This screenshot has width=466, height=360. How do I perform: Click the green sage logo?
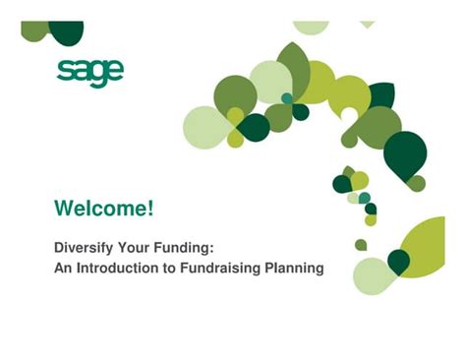[x=90, y=73]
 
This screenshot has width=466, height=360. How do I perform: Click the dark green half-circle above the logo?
[x=66, y=31]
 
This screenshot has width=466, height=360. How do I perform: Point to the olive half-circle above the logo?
[x=35, y=30]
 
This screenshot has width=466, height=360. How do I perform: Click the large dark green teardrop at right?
[x=404, y=154]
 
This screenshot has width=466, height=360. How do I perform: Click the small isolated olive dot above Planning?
[x=361, y=245]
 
